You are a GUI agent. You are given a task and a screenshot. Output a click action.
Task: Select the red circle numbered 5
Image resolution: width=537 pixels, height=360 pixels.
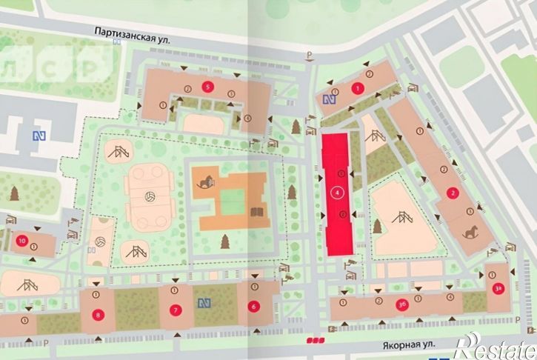click(208, 87)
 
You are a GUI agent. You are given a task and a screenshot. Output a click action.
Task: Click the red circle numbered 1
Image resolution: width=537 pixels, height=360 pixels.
click(359, 88)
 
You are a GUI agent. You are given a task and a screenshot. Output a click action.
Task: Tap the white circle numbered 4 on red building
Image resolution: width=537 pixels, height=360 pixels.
click(338, 193)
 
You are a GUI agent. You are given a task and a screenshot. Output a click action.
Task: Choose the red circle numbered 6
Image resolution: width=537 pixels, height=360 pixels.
click(253, 306)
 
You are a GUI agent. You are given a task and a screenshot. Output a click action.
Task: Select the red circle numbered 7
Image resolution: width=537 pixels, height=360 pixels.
click(175, 310)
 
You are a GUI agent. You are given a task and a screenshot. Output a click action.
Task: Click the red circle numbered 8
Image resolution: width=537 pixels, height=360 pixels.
click(99, 314)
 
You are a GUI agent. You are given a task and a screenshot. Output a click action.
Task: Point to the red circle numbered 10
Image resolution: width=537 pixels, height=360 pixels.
click(21, 240)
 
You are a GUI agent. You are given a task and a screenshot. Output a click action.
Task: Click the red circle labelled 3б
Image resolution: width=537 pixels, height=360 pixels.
click(402, 303)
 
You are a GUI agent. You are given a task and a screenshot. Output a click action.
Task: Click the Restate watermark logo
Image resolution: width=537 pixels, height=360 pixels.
click(495, 344)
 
